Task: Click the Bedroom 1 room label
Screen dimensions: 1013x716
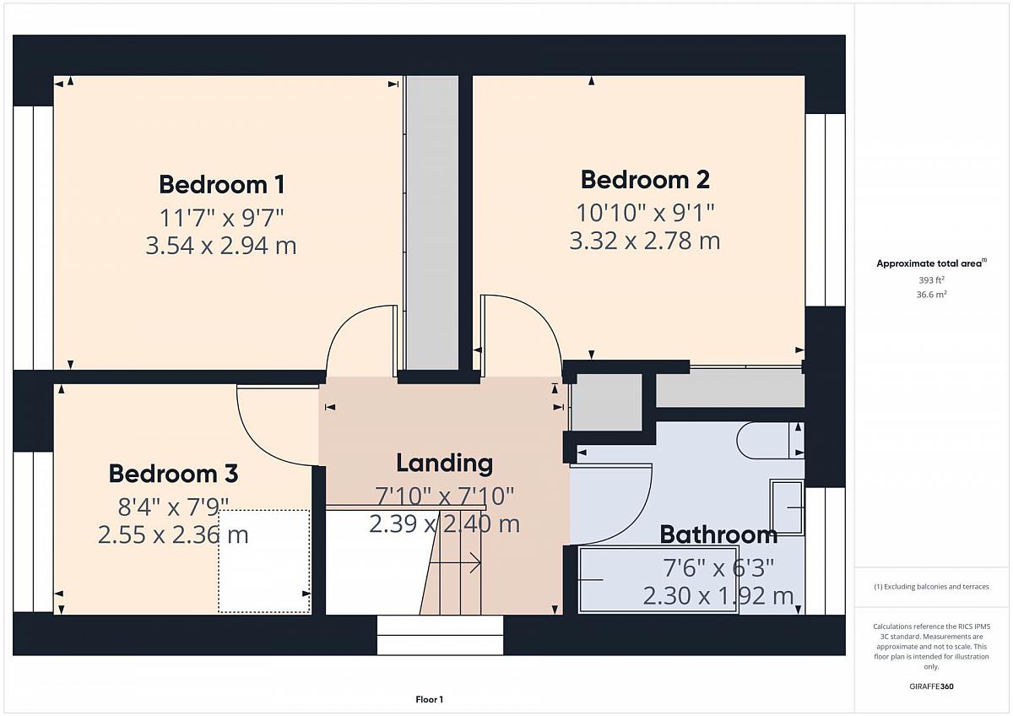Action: click(221, 185)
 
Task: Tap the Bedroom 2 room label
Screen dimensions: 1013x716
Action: click(645, 180)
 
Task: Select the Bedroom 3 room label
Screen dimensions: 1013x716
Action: click(173, 474)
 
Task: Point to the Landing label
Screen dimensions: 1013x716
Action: click(445, 463)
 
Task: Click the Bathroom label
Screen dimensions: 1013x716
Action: click(718, 534)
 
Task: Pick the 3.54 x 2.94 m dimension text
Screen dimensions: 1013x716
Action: click(221, 246)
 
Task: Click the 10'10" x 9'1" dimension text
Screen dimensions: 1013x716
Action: click(645, 213)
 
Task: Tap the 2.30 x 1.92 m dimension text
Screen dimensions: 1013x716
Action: click(718, 596)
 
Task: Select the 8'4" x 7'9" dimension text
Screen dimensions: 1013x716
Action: click(173, 507)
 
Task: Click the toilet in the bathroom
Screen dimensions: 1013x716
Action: click(770, 440)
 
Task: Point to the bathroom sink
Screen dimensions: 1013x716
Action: click(787, 507)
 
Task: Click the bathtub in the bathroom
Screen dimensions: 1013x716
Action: click(658, 579)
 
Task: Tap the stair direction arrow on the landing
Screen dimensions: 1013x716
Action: click(455, 563)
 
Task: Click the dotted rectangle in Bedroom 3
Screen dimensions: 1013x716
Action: click(264, 561)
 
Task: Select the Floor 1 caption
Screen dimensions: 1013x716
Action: click(429, 699)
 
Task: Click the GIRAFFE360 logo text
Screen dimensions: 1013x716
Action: click(931, 686)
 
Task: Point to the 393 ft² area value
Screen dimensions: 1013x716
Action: click(931, 280)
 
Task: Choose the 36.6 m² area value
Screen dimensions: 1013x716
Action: click(931, 295)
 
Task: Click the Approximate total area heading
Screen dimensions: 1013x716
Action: click(931, 263)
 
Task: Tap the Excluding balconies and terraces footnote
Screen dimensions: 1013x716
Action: click(931, 587)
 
